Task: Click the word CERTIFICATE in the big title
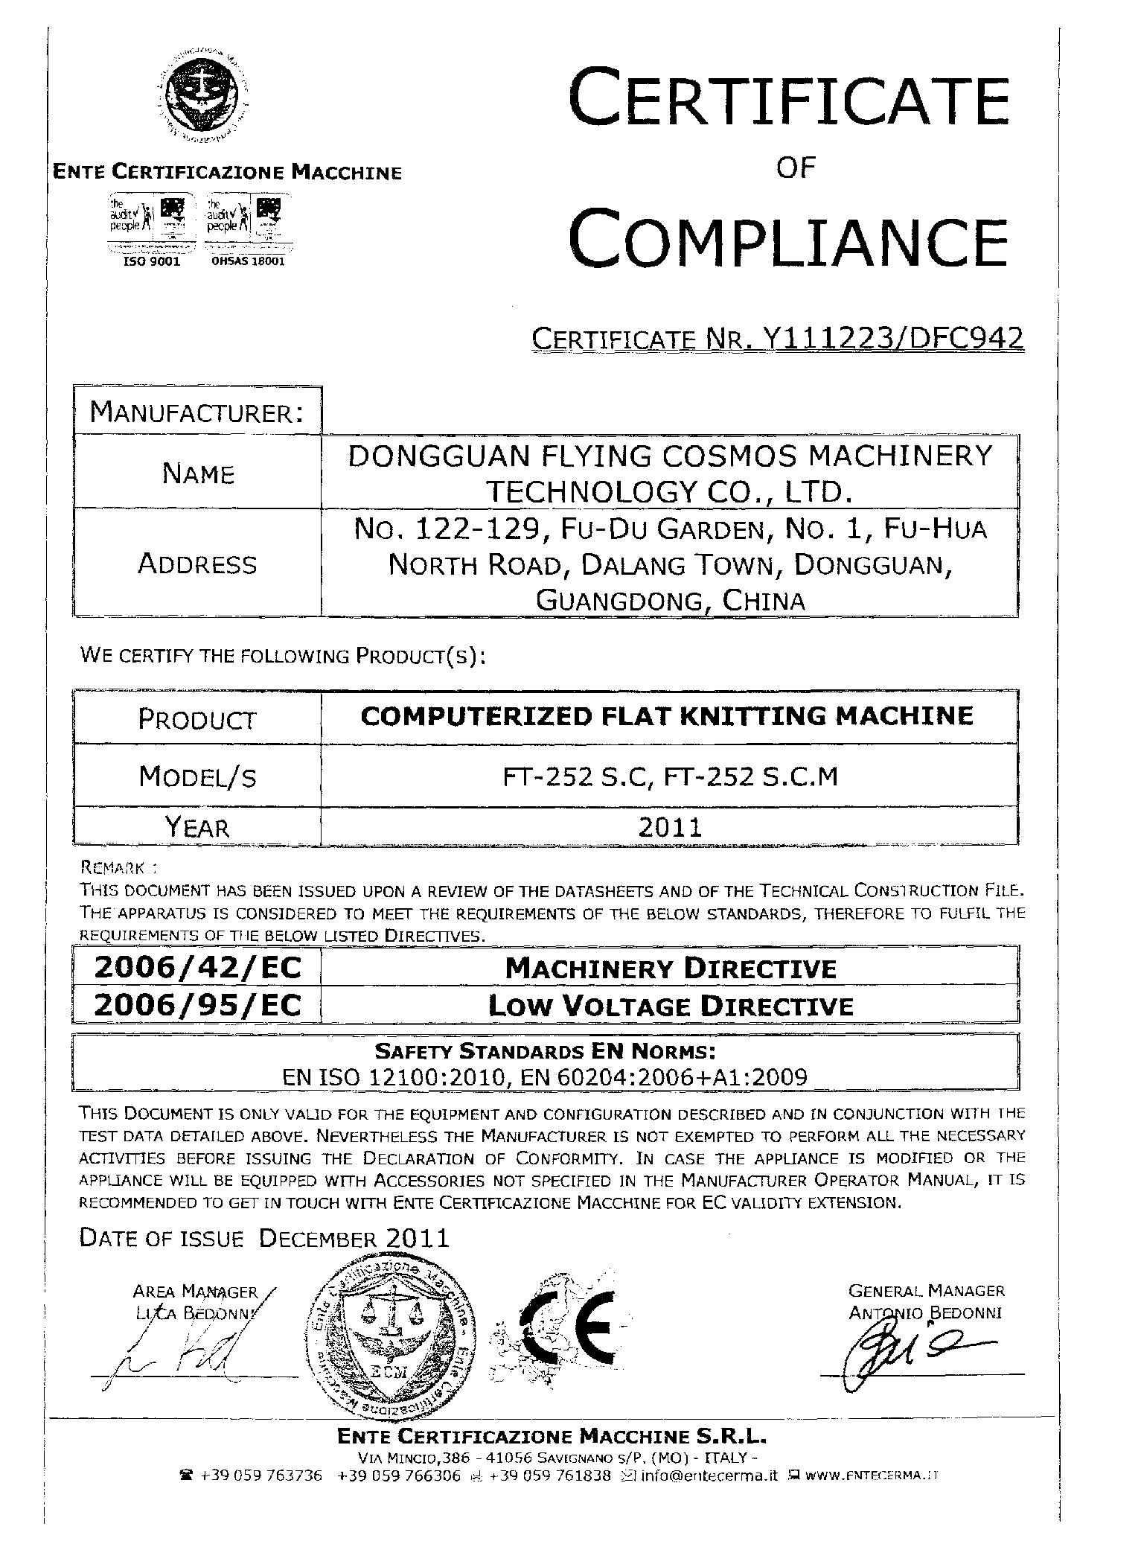787,98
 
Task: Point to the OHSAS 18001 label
248,261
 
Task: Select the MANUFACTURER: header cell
196,412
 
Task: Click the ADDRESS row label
197,564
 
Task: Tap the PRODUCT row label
197,719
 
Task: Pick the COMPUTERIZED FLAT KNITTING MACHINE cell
667,716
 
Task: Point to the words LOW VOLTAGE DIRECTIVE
670,1007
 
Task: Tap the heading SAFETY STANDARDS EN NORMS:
546,1051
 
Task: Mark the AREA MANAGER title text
195,1292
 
